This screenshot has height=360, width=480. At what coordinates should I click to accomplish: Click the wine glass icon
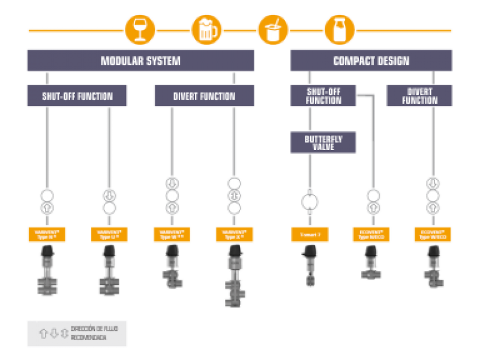[x=140, y=29]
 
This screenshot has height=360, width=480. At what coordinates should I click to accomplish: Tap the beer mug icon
[x=206, y=29]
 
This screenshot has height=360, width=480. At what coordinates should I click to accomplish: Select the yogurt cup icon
[x=273, y=29]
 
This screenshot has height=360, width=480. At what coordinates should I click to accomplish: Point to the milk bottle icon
[x=340, y=29]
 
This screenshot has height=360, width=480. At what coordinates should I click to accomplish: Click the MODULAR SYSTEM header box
[x=140, y=61]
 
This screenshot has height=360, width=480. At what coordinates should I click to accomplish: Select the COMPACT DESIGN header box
[x=371, y=61]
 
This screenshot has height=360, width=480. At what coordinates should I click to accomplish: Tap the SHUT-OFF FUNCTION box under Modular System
[x=77, y=96]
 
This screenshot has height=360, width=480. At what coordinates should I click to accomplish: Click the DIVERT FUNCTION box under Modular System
[x=204, y=96]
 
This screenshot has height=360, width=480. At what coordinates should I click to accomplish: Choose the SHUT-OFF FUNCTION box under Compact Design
[x=323, y=96]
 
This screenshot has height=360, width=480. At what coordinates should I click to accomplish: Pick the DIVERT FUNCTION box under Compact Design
[x=419, y=96]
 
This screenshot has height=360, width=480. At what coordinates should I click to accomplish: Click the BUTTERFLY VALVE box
[x=323, y=143]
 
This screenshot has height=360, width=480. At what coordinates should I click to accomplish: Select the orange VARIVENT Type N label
[x=46, y=235]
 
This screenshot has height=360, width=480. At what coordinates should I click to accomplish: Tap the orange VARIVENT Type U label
[x=109, y=235]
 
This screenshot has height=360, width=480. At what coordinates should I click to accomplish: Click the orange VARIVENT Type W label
[x=171, y=235]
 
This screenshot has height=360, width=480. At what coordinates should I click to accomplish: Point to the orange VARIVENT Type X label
[x=233, y=235]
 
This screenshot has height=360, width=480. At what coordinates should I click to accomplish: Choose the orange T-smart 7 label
[x=310, y=235]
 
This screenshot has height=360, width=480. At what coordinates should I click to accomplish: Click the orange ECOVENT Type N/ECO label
[x=373, y=235]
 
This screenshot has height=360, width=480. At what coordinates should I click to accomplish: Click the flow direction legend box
[x=77, y=334]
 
